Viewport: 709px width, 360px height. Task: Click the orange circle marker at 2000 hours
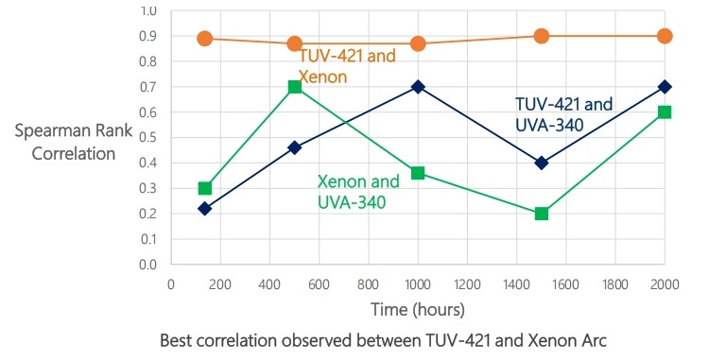[665, 36]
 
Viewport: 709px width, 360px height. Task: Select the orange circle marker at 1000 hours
[418, 43]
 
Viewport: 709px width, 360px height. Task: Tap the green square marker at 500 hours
[295, 87]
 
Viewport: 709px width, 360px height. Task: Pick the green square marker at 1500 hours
[542, 214]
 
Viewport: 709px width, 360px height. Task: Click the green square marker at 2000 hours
[665, 111]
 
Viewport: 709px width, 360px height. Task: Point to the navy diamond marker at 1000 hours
[418, 87]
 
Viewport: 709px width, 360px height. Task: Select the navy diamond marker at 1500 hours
[542, 163]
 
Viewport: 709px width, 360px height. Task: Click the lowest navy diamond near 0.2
[204, 208]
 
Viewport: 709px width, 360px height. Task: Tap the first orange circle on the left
[204, 39]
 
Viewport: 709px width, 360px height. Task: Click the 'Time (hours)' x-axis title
[417, 309]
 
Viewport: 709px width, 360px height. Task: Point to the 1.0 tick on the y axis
[148, 11]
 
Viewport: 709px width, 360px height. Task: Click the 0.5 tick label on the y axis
[148, 137]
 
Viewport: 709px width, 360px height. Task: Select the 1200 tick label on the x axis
[467, 283]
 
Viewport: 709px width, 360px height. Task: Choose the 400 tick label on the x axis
[269, 283]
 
